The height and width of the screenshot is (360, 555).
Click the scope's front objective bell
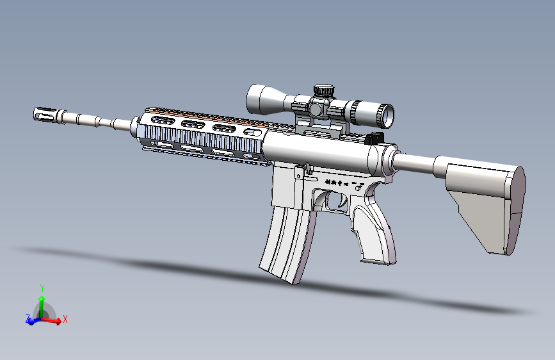tap(259, 99)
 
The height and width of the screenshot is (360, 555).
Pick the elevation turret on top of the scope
tap(323, 90)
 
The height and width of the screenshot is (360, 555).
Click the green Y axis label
tap(42, 288)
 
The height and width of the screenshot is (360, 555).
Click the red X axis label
tap(65, 318)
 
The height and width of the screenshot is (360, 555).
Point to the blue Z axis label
tap(27, 318)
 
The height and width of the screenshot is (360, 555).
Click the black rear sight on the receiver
tap(373, 137)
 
